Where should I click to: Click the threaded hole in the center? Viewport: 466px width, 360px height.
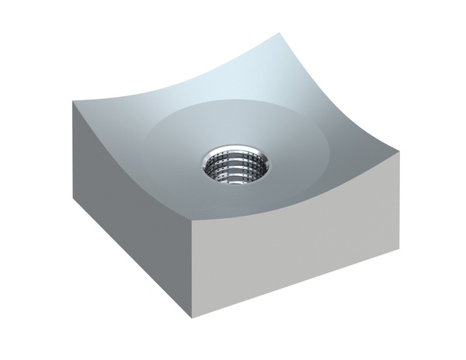[237, 166]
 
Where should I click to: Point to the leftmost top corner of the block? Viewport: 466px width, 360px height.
[75, 102]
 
